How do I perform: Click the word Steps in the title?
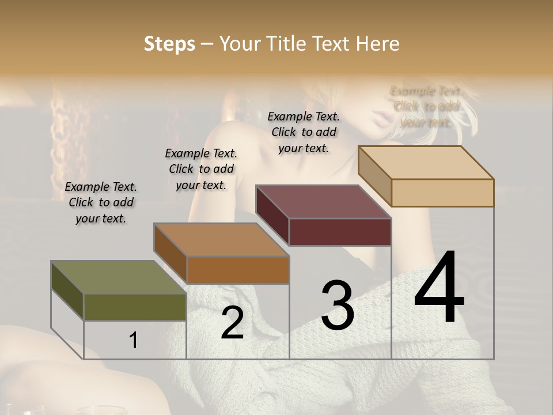pos(169,44)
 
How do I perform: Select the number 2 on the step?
pos(232,323)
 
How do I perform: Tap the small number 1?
pos(134,341)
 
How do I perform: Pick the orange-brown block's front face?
pos(238,270)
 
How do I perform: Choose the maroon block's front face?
pos(340,232)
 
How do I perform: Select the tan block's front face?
pos(442,193)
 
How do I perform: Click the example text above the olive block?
pos(101,202)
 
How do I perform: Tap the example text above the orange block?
pos(201,169)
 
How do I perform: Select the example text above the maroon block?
pos(304,132)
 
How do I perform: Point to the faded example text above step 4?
pos(426,107)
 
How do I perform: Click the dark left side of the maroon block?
pos(272,215)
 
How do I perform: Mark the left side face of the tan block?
pos(374,176)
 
